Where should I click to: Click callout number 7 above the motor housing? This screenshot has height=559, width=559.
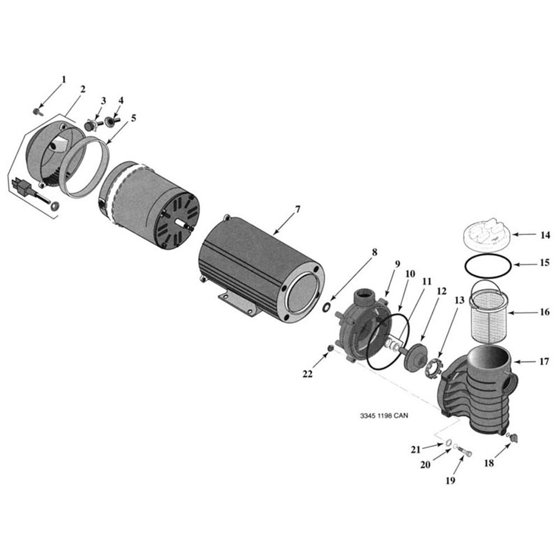pyautogui.click(x=297, y=210)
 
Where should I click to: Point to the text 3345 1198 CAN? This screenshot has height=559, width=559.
pyautogui.click(x=384, y=416)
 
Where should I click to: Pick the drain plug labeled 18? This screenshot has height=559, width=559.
pyautogui.click(x=513, y=437)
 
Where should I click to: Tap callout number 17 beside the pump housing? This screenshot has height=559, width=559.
pyautogui.click(x=544, y=361)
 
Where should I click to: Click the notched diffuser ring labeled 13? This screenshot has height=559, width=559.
pyautogui.click(x=434, y=368)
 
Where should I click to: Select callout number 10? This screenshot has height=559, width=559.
pyautogui.click(x=410, y=274)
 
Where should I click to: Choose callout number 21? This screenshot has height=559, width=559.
pyautogui.click(x=415, y=449)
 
